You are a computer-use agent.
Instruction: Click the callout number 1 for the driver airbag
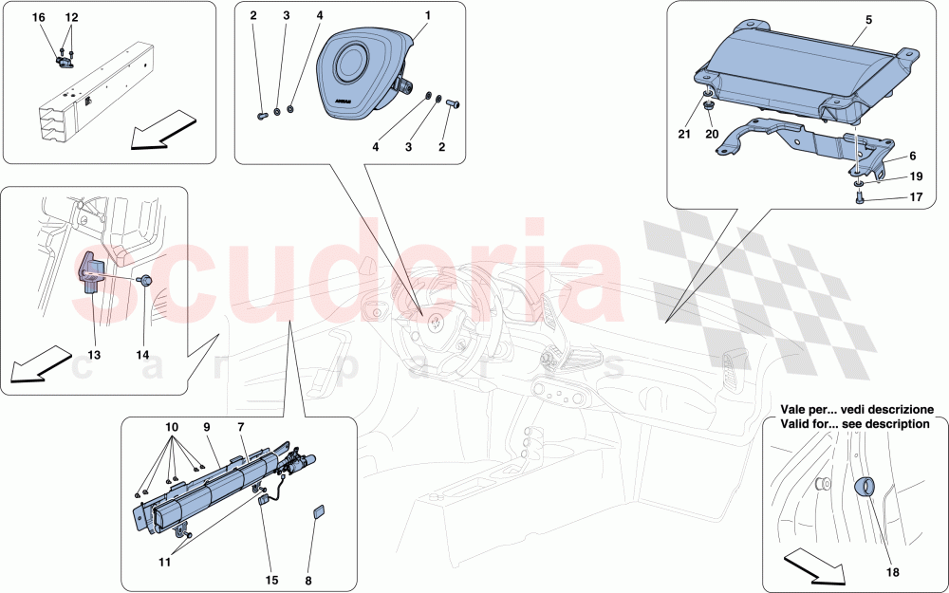[428, 16]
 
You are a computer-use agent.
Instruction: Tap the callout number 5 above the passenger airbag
[868, 20]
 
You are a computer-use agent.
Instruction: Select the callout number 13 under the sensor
[94, 355]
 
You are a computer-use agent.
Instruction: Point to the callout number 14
[143, 355]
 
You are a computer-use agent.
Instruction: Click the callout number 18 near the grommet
[893, 572]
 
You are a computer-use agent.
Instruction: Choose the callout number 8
[308, 581]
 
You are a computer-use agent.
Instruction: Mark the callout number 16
[38, 17]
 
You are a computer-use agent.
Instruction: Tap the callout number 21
[684, 135]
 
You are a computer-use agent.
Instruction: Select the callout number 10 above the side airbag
[172, 427]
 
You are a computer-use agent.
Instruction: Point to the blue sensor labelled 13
[90, 273]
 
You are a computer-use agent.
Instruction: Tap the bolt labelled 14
[145, 280]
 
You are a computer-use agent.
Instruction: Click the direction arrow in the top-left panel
[164, 129]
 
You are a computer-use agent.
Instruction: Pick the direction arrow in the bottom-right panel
[814, 565]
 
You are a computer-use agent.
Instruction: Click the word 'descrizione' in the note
[898, 410]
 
